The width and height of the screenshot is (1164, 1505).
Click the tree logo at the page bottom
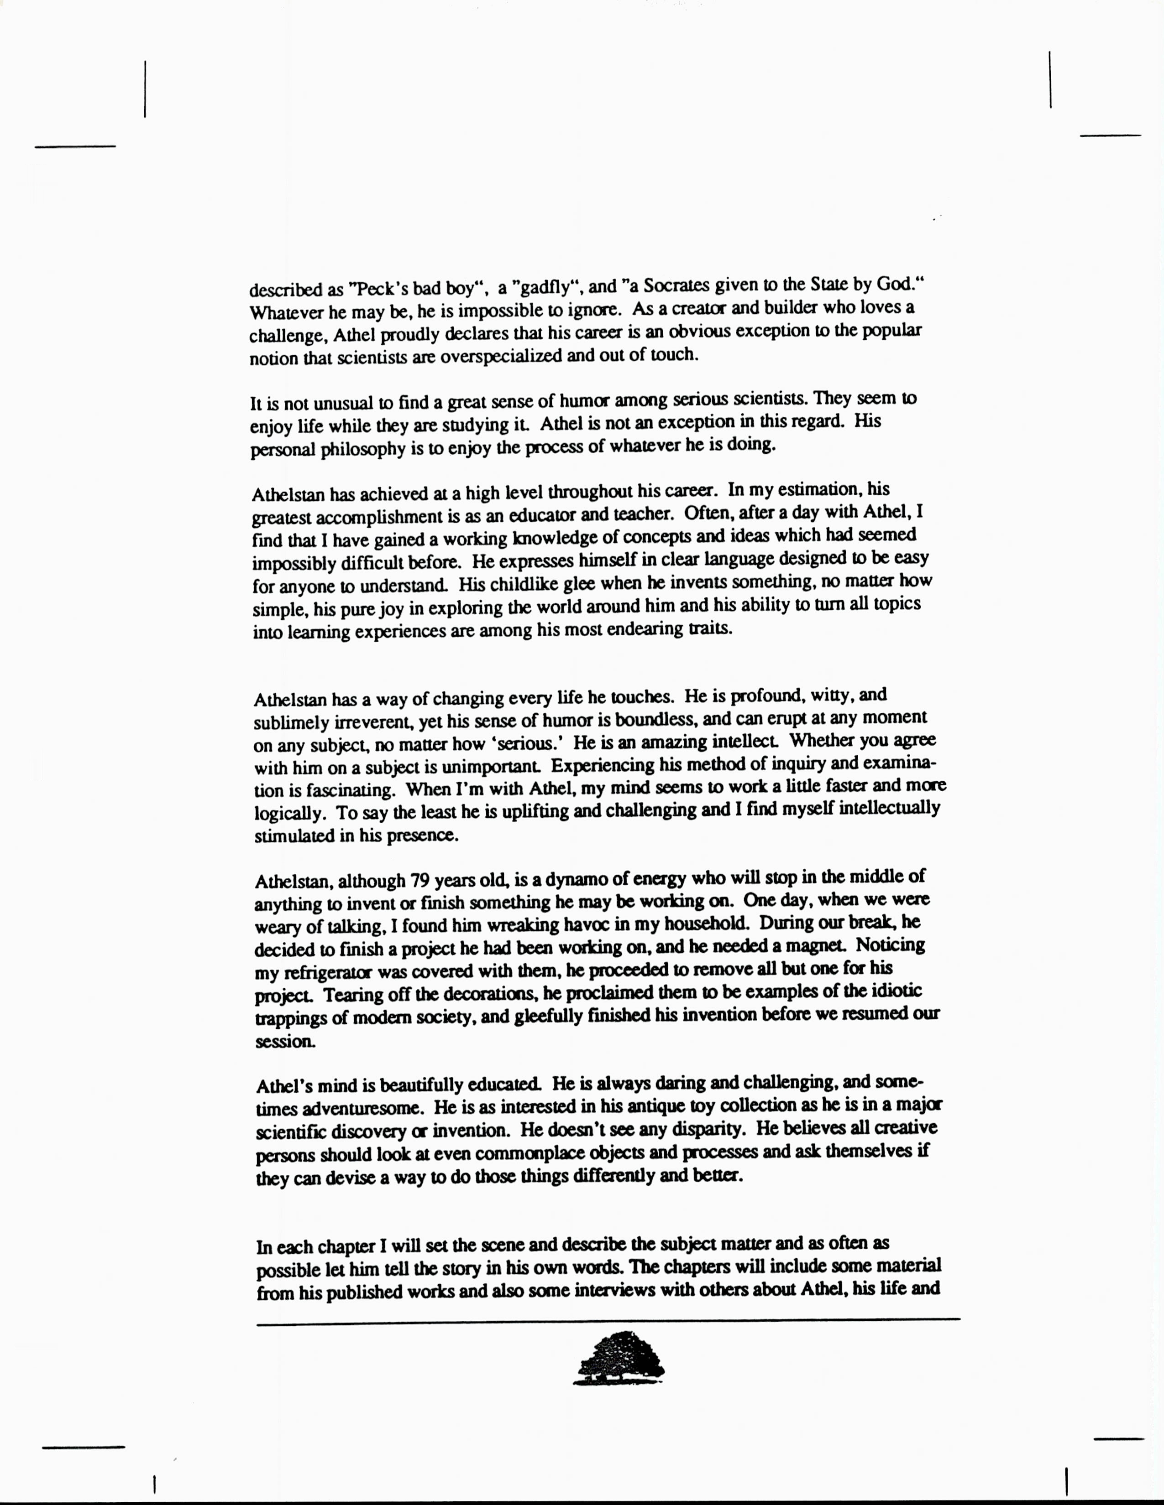[x=619, y=1358]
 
